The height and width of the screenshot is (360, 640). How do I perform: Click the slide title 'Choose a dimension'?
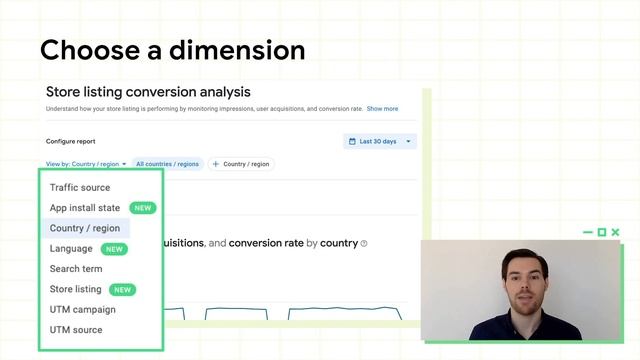click(x=172, y=49)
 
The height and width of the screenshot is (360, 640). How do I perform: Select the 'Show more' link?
click(x=382, y=109)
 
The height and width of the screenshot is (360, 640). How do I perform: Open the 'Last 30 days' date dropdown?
click(x=379, y=142)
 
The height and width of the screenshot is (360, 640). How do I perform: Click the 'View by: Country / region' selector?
click(x=86, y=164)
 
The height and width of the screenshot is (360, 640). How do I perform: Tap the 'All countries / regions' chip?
click(x=167, y=164)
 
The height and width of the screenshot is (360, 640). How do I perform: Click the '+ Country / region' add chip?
click(x=241, y=164)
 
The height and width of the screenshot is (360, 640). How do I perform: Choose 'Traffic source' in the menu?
click(x=80, y=188)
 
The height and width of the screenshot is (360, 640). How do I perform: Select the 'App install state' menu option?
click(x=85, y=208)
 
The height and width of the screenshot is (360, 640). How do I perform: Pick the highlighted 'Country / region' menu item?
click(x=85, y=229)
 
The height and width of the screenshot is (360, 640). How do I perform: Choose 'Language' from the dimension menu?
click(x=71, y=249)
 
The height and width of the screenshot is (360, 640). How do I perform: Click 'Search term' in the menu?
click(x=76, y=269)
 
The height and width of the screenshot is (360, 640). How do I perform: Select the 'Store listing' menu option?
click(x=76, y=290)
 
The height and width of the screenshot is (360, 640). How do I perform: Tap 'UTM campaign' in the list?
click(x=83, y=310)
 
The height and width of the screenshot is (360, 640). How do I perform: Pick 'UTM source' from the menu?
click(x=76, y=330)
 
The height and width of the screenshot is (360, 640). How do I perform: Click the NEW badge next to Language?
click(x=115, y=249)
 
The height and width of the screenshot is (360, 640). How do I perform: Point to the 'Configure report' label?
click(x=71, y=142)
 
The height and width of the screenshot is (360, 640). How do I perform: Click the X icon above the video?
click(x=615, y=232)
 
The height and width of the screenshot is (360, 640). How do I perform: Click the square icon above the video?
click(x=602, y=232)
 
